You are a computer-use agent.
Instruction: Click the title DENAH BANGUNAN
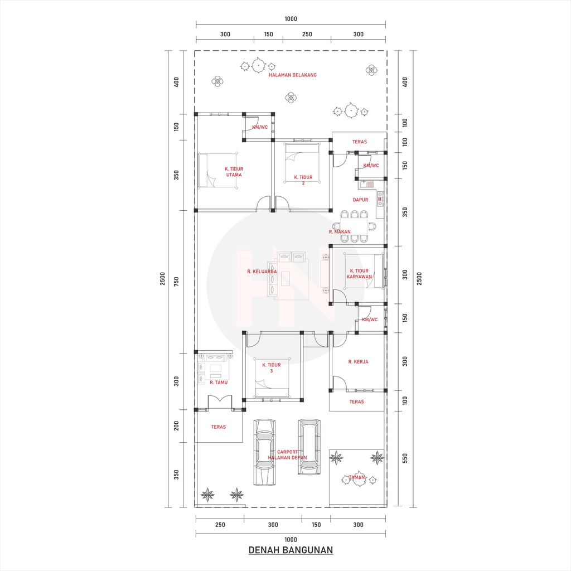291,550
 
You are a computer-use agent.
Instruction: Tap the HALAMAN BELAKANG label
292,75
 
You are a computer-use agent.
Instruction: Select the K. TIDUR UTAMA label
234,172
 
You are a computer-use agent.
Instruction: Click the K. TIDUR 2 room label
303,180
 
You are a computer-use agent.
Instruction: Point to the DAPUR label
360,200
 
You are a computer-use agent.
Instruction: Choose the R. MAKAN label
340,231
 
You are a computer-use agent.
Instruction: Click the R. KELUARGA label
262,272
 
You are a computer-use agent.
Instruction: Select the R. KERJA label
358,362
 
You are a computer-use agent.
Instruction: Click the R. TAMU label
219,383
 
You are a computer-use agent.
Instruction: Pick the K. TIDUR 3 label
274,367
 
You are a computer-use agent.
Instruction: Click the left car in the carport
264,452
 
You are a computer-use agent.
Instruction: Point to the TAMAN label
356,477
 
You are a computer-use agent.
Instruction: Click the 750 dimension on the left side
176,281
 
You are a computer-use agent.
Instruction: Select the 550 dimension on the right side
405,458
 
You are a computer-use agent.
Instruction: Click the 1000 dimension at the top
291,19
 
